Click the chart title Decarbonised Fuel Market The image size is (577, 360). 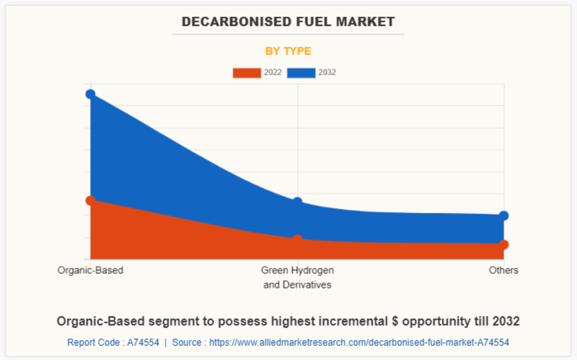click(288, 22)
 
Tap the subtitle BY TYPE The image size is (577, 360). click(288, 51)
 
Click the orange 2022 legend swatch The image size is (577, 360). click(246, 73)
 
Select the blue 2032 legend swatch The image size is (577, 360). click(301, 73)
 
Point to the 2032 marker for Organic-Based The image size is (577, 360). click(90, 94)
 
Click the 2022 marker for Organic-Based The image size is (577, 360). click(90, 200)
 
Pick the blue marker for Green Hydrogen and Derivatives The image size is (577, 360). click(297, 202)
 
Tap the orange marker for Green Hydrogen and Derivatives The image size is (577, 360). click(297, 239)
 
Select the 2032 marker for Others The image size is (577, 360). click(504, 216)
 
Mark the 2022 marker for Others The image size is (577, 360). click(504, 245)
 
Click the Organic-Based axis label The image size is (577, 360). click(90, 270)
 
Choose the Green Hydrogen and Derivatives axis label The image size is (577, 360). click(297, 277)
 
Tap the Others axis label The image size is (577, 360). click(504, 270)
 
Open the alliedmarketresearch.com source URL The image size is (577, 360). click(359, 343)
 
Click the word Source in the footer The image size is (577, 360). click(187, 343)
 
